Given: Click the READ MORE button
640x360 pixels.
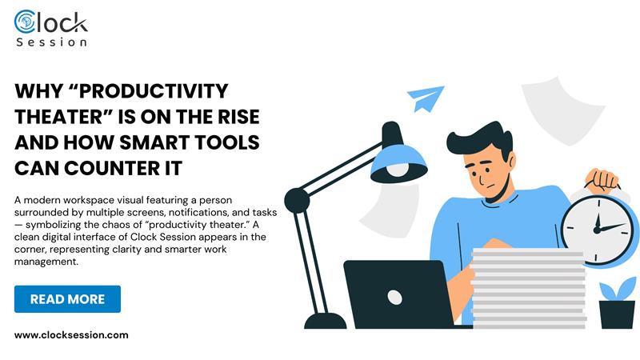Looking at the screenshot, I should pyautogui.click(x=67, y=299).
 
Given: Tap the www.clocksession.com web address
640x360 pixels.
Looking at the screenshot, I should pyautogui.click(x=71, y=335).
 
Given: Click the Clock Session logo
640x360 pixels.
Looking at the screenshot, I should pyautogui.click(x=50, y=26).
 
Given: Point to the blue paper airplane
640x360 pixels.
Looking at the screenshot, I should pyautogui.click(x=426, y=100).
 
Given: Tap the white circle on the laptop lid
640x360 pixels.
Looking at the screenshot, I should pyautogui.click(x=394, y=297).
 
